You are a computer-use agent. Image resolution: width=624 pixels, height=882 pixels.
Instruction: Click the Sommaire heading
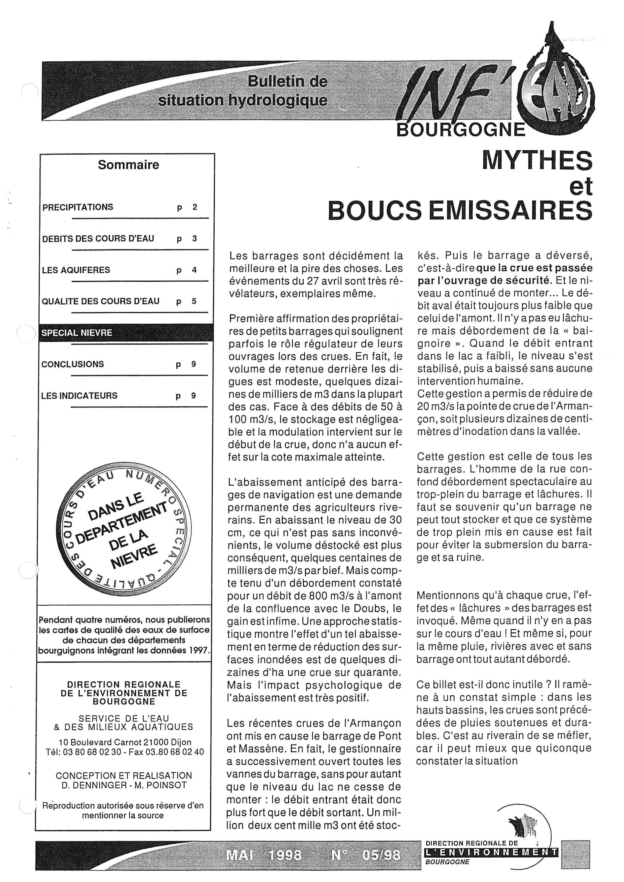click(x=128, y=165)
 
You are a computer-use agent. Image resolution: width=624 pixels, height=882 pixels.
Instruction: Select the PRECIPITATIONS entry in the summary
click(x=77, y=207)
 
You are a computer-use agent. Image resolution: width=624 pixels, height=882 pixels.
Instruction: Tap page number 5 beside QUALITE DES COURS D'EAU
click(x=194, y=302)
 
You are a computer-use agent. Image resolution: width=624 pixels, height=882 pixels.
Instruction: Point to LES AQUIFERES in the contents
click(x=71, y=270)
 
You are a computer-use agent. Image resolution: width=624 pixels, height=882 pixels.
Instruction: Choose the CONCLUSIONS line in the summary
click(x=73, y=364)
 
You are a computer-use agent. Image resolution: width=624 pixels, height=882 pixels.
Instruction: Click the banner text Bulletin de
click(x=287, y=81)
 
